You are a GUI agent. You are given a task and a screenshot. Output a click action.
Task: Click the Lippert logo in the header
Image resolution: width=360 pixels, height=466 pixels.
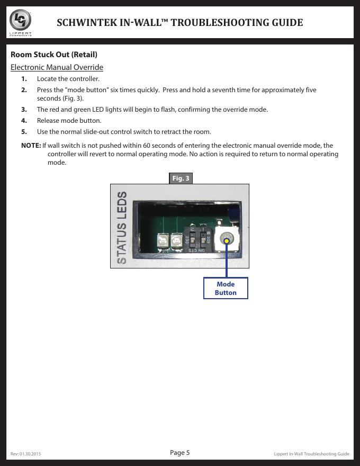[21, 22]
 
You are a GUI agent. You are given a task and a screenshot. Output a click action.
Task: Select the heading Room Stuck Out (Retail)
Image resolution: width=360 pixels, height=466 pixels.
[54, 55]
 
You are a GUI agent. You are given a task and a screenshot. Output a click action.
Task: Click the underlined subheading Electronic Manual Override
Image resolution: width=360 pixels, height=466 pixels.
[57, 67]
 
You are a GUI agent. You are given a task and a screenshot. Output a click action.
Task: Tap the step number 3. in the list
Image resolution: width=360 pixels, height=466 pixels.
[24, 110]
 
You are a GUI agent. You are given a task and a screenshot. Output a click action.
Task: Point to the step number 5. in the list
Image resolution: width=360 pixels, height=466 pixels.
[24, 131]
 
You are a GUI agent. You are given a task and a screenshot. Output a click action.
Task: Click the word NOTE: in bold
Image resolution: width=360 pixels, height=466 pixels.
[31, 145]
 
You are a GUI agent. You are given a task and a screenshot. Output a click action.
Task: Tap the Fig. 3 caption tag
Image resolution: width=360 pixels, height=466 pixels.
[181, 178]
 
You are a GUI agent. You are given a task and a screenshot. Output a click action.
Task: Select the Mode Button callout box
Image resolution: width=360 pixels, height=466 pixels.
[226, 288]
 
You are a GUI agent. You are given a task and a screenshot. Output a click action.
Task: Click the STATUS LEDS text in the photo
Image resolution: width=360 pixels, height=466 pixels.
[122, 228]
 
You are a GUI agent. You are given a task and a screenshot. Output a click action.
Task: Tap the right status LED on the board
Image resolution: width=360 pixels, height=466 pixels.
[178, 241]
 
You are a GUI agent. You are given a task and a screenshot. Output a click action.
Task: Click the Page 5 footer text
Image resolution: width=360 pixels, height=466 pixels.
[180, 452]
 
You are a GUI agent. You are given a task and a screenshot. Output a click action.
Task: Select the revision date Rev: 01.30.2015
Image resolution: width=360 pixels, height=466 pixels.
[26, 454]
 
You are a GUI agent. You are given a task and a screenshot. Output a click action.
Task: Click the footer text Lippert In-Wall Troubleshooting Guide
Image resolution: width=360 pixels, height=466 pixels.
[311, 454]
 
